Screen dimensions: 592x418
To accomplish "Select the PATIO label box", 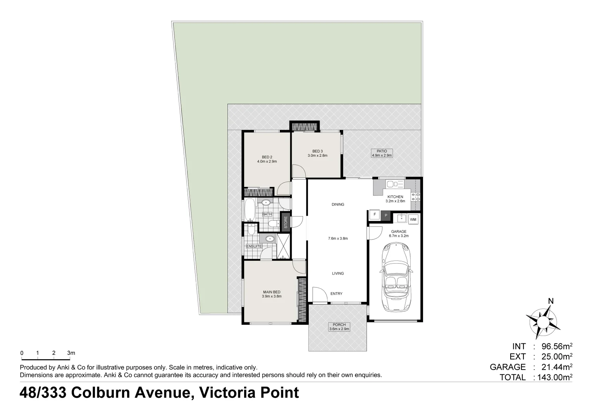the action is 382,153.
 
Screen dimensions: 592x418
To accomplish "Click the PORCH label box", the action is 339,327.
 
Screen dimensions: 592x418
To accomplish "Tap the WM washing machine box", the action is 413,219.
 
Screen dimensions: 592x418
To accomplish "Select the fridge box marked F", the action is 375,214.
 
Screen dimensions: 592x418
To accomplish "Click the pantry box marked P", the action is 386,216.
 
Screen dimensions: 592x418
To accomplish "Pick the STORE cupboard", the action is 286,222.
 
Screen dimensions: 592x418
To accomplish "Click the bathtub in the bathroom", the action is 250,210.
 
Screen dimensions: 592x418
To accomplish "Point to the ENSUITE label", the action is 254,247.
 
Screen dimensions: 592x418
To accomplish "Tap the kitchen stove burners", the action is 415,197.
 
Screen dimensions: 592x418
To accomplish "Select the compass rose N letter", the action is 551,301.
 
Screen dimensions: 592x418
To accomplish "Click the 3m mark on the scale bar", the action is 71,353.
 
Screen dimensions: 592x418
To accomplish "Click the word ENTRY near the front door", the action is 336,294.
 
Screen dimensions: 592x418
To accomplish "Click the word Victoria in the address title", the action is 227,392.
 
